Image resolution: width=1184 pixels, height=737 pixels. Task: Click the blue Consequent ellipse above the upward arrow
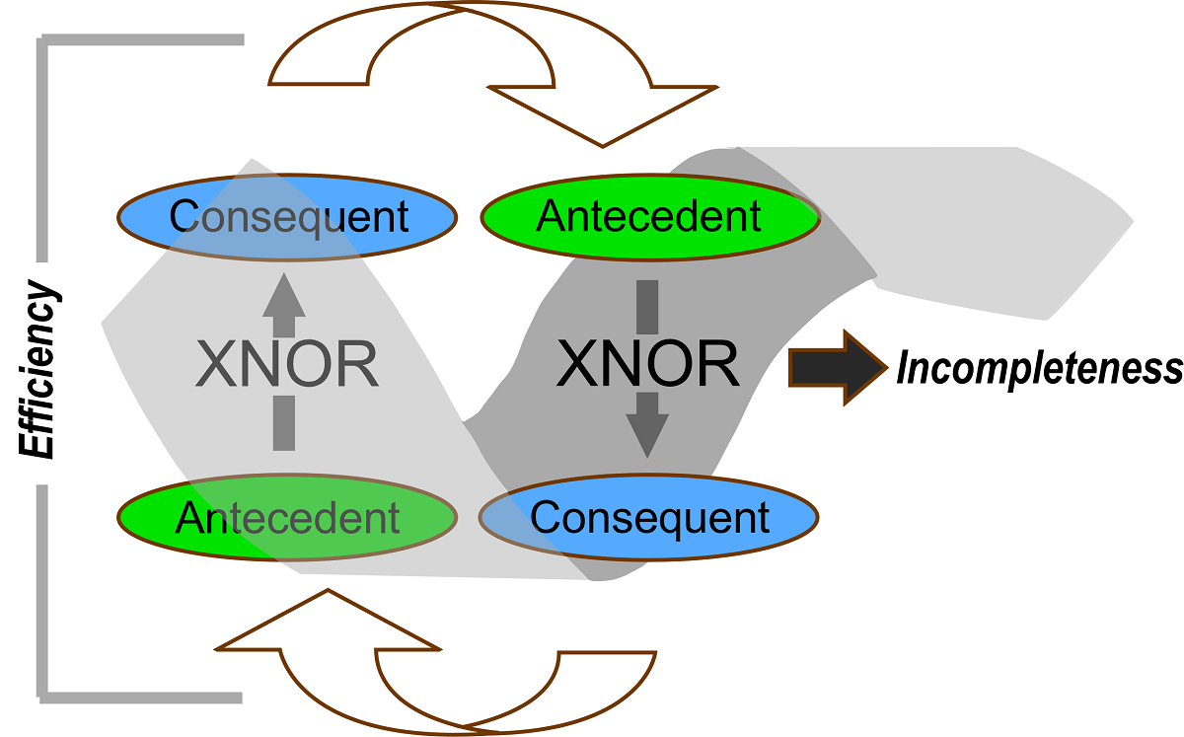(287, 216)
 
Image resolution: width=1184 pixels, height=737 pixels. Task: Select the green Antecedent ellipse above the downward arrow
(648, 216)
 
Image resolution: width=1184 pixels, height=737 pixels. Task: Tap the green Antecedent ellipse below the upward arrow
(287, 516)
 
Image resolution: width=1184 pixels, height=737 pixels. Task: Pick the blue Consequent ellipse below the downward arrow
(648, 516)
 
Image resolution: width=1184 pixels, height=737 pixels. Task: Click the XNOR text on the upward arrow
(287, 365)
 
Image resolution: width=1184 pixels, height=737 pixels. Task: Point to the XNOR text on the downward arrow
(647, 365)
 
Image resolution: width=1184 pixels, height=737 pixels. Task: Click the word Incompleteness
(1039, 368)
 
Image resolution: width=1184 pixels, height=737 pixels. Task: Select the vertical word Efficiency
(40, 369)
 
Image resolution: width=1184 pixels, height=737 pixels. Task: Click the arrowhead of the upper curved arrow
(602, 113)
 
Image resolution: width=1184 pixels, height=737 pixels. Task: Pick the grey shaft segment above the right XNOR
(647, 306)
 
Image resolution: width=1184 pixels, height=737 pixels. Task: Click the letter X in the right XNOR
(578, 365)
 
